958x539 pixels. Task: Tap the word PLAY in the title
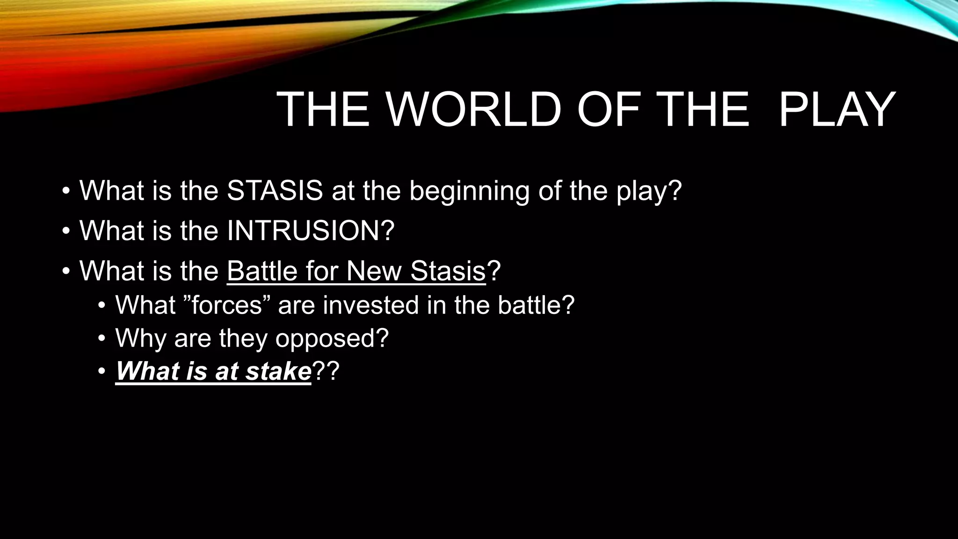(837, 110)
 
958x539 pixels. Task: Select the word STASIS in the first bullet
(275, 190)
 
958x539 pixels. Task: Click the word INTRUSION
(304, 231)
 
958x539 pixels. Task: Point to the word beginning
(469, 191)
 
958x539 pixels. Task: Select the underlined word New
(376, 271)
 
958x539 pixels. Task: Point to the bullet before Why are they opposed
(102, 339)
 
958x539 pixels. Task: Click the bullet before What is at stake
(102, 372)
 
